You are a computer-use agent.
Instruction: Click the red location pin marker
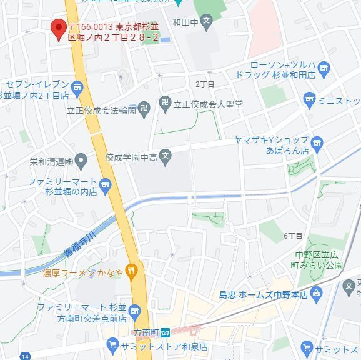[x=59, y=28]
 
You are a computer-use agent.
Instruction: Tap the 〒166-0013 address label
[x=113, y=32]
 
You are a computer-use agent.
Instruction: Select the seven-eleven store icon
[x=77, y=86]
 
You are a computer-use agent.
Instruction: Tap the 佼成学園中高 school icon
[x=165, y=157]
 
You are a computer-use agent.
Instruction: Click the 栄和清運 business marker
[x=81, y=161]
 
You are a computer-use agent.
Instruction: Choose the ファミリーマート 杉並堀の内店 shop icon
[x=106, y=184]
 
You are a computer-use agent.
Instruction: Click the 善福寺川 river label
[x=79, y=245]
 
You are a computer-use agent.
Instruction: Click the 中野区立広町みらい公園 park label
[x=320, y=259]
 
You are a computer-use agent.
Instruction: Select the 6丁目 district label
[x=293, y=236]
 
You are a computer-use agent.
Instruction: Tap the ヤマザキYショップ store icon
[x=316, y=144]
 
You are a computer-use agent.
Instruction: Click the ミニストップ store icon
[x=309, y=98]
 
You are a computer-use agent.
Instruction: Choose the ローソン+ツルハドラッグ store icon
[x=324, y=68]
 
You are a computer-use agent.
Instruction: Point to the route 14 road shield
[x=25, y=356]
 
